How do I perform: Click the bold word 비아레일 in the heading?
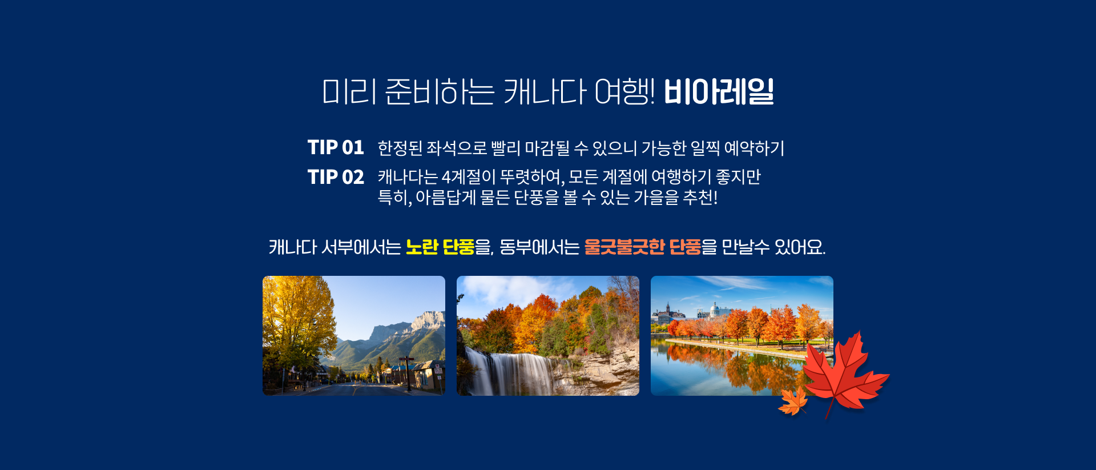pos(719,92)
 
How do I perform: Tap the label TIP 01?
pos(336,147)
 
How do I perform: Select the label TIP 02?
pos(336,177)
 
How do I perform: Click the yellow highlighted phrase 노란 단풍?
pos(440,247)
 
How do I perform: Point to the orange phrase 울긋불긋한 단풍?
pos(642,247)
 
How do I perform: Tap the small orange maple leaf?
pos(793,401)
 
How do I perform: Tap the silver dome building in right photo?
pos(714,310)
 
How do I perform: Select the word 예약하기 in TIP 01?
pos(754,148)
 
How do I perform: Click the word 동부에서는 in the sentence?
pos(539,247)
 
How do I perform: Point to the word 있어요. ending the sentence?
pos(800,247)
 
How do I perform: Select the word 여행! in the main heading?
pos(624,92)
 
